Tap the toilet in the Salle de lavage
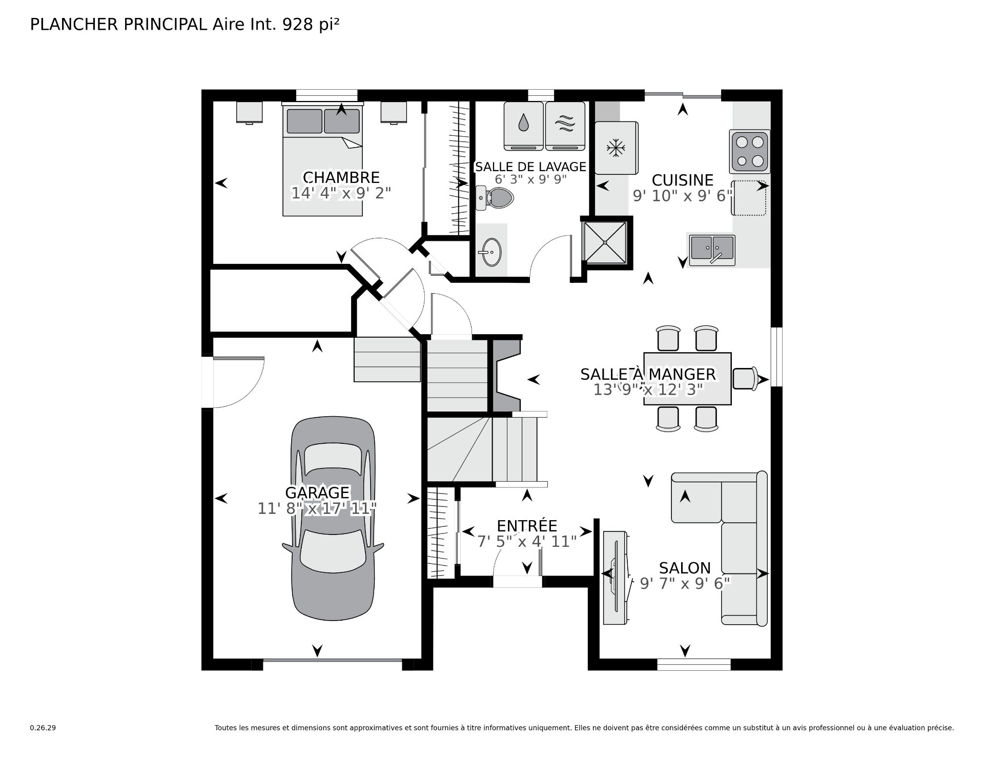[495, 198]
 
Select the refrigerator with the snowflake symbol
[617, 148]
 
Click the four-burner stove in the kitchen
[750, 151]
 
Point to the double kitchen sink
[712, 250]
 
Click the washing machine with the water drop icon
[523, 126]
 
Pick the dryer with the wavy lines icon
[565, 126]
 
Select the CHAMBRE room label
[341, 177]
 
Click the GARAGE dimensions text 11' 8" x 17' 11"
[317, 509]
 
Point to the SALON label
[685, 568]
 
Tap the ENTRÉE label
[527, 526]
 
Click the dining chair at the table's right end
[745, 379]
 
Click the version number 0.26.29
[43, 728]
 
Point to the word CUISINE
[683, 180]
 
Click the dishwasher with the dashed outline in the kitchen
[749, 198]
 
